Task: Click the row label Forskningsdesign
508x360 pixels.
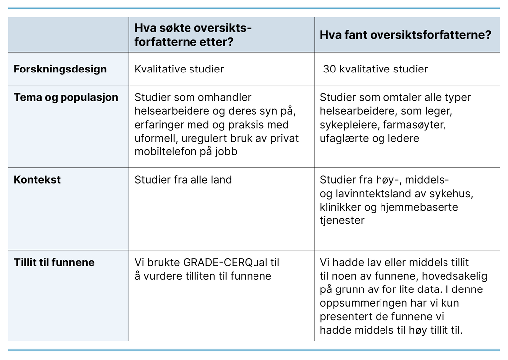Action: [x=60, y=69]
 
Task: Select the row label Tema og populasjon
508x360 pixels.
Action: [x=66, y=97]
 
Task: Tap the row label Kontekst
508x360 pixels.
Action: [x=37, y=179]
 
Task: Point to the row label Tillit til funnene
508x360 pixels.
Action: [x=54, y=262]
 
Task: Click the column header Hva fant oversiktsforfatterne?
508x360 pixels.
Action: [x=406, y=35]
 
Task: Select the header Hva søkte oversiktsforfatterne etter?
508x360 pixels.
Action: [x=193, y=35]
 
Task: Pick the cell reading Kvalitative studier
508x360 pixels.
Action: [x=179, y=69]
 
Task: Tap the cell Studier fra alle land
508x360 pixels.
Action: [x=183, y=179]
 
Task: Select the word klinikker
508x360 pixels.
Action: [x=342, y=207]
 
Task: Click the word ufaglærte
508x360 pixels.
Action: [x=343, y=138]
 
